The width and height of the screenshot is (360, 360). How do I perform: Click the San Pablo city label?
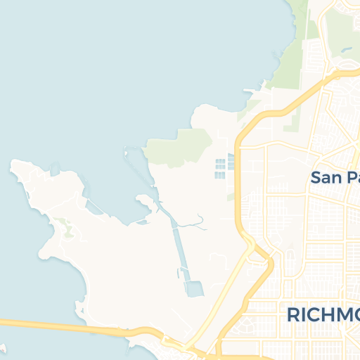[x=335, y=177]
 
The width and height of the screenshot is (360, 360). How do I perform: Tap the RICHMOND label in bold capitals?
[x=323, y=314]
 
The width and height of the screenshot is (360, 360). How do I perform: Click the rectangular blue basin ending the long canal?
[x=193, y=288]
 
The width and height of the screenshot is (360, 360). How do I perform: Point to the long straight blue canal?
[x=176, y=239]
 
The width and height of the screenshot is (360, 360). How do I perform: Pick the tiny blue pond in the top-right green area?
[x=345, y=50]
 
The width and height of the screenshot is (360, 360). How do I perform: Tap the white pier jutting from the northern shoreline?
[x=254, y=91]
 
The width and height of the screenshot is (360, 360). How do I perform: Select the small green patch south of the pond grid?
[x=231, y=197]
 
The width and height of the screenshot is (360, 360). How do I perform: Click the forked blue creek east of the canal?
[x=199, y=223]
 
